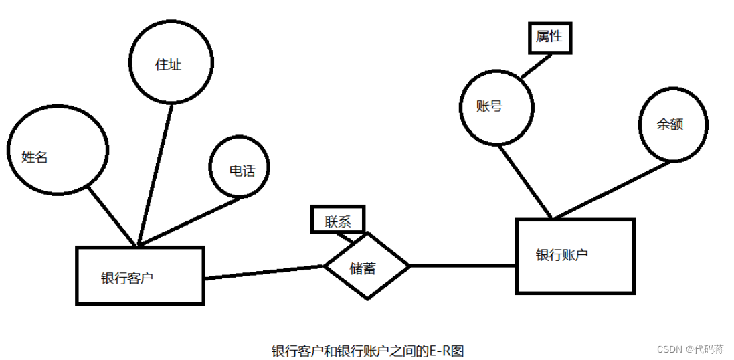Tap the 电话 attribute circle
tap(242, 169)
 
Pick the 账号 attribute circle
tap(496, 107)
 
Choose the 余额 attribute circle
tap(672, 125)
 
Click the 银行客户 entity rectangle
tap(140, 276)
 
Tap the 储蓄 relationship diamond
tap(366, 267)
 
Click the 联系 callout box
tap(339, 220)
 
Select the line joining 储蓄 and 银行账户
tap(462, 266)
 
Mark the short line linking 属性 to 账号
tap(537, 66)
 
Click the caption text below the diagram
tap(367, 350)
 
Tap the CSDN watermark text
tap(689, 349)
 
